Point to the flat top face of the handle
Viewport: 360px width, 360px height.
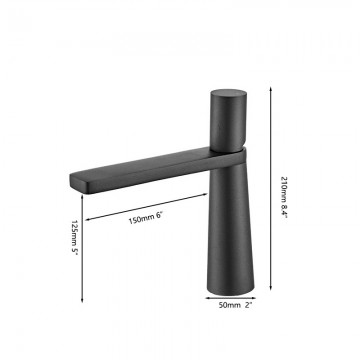[228, 91]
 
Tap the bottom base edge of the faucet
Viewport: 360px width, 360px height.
[229, 297]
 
